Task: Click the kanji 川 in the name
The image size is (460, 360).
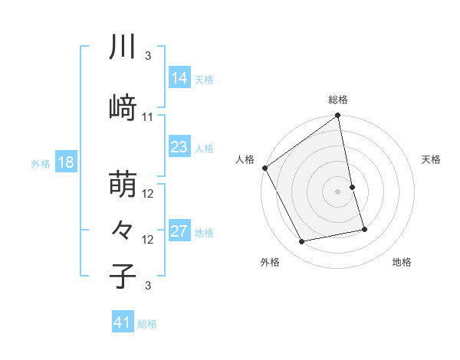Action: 123,47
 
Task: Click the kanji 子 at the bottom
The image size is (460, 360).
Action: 123,275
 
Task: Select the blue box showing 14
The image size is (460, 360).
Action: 179,78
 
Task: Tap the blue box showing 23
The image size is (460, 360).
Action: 179,147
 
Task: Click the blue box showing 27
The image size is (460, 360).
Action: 179,231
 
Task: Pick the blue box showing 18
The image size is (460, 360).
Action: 66,162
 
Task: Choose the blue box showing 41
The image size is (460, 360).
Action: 123,322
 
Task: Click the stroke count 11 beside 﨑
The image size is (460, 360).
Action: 148,117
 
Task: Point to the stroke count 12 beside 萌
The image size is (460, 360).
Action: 148,194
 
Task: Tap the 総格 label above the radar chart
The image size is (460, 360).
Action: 338,100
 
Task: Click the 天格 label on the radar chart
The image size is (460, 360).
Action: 432,159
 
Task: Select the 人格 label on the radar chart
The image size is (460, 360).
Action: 245,159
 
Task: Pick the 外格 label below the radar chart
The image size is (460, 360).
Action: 270,262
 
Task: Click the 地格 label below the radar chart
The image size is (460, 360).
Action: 402,262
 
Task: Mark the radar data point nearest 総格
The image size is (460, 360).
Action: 338,116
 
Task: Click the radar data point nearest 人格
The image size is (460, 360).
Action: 264,168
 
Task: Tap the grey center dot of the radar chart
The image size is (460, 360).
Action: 338,191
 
